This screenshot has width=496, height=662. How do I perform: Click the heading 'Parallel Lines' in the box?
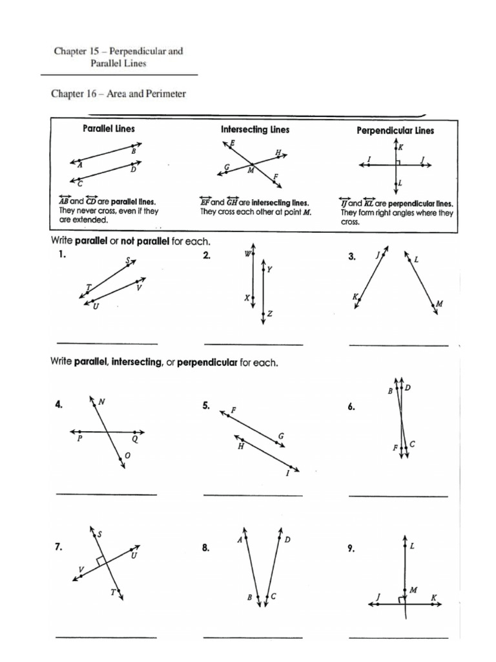(109, 129)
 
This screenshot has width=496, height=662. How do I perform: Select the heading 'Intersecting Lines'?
(255, 129)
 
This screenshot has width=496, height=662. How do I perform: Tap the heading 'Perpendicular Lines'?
(395, 130)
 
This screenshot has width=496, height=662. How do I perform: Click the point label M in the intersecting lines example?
(250, 171)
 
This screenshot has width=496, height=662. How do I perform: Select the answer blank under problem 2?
(253, 344)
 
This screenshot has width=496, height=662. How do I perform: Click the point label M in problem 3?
(439, 303)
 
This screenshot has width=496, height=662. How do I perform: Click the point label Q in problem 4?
(136, 438)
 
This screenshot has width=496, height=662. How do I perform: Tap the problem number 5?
(206, 406)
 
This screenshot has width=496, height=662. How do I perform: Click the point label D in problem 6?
(408, 388)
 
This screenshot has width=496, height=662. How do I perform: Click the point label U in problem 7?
(134, 555)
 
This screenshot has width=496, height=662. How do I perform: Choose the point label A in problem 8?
(240, 540)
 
